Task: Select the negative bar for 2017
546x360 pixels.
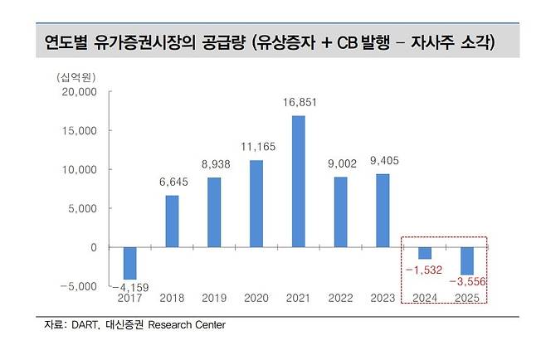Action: tap(129, 263)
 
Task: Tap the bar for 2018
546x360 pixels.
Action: tap(171, 221)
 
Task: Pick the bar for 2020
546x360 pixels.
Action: tap(256, 203)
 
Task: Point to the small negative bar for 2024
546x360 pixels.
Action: tap(425, 253)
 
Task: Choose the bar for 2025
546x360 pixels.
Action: tap(467, 260)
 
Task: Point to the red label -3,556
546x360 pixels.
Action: tap(467, 283)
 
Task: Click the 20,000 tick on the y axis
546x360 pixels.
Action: tap(78, 92)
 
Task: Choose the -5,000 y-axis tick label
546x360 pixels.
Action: tap(78, 286)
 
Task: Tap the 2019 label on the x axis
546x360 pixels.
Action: tap(213, 298)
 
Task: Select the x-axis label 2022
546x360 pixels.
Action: tap(340, 298)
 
